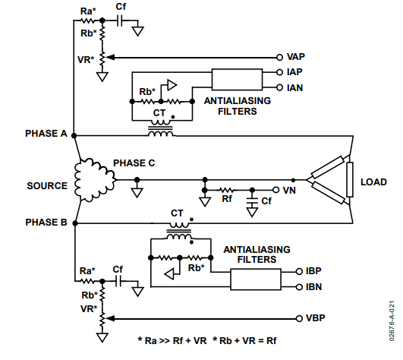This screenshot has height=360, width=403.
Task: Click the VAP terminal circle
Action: pyautogui.click(x=279, y=58)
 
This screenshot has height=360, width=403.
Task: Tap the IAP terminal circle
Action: pyautogui.click(x=279, y=72)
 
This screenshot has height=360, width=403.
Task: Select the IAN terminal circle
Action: pyautogui.click(x=279, y=87)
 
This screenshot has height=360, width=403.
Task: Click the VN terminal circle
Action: pyautogui.click(x=275, y=190)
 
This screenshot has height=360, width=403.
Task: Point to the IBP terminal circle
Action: pyautogui.click(x=299, y=271)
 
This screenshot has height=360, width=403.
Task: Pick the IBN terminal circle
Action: pyautogui.click(x=299, y=287)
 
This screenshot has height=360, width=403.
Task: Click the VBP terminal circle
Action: pyautogui.click(x=299, y=318)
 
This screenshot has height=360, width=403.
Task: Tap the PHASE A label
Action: pyautogui.click(x=46, y=134)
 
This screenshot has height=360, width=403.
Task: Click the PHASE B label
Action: pyautogui.click(x=46, y=223)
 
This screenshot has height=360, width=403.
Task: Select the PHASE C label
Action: pyautogui.click(x=134, y=163)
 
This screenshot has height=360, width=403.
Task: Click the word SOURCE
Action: pyautogui.click(x=47, y=185)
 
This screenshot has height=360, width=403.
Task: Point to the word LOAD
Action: pyautogui.click(x=373, y=182)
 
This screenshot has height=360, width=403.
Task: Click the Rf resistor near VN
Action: pyautogui.click(x=227, y=190)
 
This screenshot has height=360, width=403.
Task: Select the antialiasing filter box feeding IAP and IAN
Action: pyautogui.click(x=237, y=80)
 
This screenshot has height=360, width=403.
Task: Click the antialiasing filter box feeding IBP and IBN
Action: pyautogui.click(x=256, y=279)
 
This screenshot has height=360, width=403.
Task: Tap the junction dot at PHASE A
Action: pyautogui.click(x=74, y=135)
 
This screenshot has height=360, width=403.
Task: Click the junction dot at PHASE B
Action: pyautogui.click(x=75, y=223)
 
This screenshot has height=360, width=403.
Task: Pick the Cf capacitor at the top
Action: pyautogui.click(x=119, y=21)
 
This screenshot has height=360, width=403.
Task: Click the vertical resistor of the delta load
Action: pyautogui.click(x=350, y=179)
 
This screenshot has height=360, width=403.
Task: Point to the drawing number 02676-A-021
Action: pyautogui.click(x=392, y=321)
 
